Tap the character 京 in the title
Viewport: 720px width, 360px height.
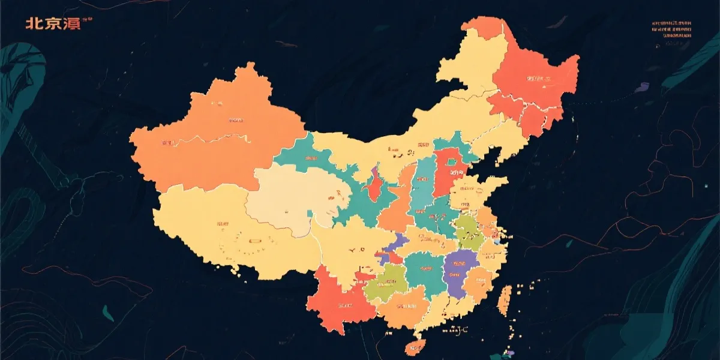point(52,24)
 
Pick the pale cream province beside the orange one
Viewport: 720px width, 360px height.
point(288,198)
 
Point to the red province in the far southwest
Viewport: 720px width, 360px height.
point(336,300)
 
